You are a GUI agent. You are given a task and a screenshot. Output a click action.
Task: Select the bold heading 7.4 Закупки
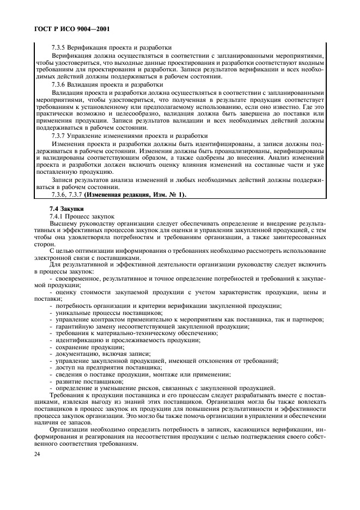(65, 209)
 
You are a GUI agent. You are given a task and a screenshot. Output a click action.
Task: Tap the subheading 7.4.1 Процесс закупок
(82, 216)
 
